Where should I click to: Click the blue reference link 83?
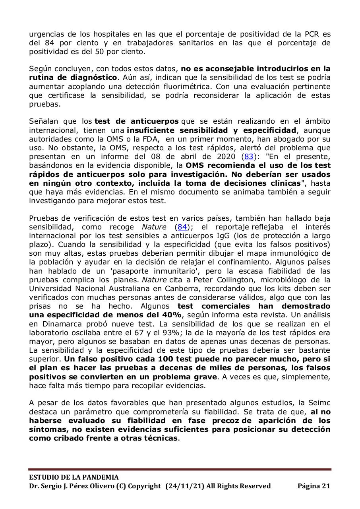pos(248,156)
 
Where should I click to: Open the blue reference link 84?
pos(182,227)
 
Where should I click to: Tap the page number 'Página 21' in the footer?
pos(314,486)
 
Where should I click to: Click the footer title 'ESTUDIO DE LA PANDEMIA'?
pos(74,477)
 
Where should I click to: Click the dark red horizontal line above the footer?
pos(180,470)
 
